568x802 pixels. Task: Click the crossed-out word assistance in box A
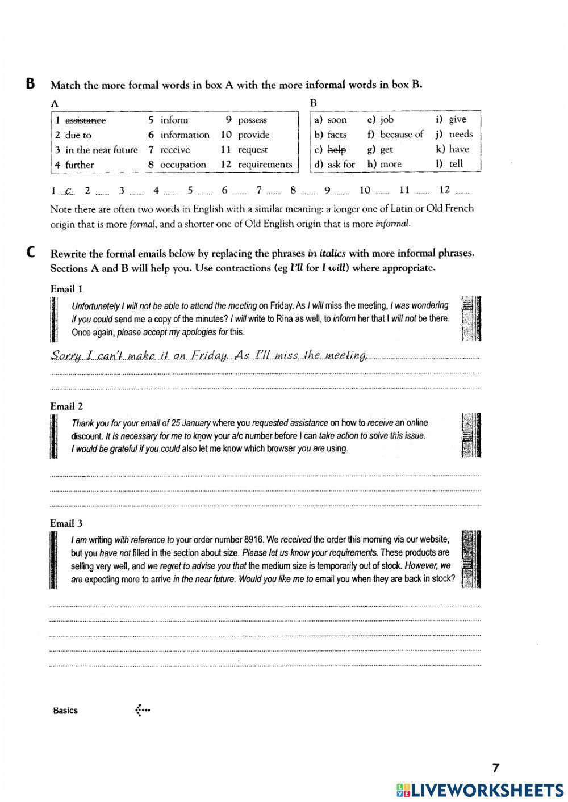click(85, 120)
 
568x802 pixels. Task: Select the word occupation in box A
click(183, 165)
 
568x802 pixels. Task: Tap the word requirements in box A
click(265, 165)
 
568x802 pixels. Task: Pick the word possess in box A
click(252, 120)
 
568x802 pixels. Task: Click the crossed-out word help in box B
click(337, 150)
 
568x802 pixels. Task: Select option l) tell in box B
click(456, 164)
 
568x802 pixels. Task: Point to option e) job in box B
click(387, 120)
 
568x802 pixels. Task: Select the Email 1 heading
click(66, 288)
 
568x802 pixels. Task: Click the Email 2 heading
click(66, 406)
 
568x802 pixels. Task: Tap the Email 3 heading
click(66, 523)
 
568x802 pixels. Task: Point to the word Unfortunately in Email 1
click(95, 306)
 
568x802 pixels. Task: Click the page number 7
click(495, 769)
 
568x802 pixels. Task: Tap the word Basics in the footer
click(65, 711)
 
